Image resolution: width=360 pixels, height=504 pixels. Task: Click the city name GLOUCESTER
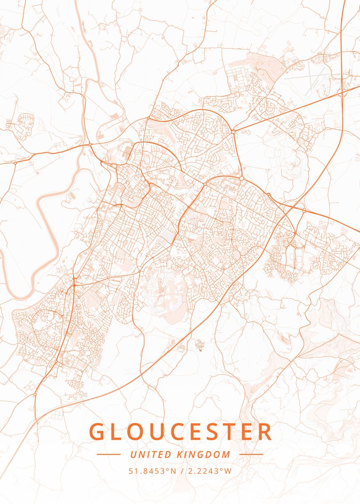(x=181, y=432)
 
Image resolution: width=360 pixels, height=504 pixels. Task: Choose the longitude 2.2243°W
(x=208, y=471)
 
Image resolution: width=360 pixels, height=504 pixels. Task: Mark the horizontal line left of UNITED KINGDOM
(x=108, y=454)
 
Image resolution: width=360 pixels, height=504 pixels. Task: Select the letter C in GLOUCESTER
(x=180, y=432)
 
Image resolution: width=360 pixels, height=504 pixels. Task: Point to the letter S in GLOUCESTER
(x=221, y=432)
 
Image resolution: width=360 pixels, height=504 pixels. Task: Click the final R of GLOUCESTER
(x=263, y=432)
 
